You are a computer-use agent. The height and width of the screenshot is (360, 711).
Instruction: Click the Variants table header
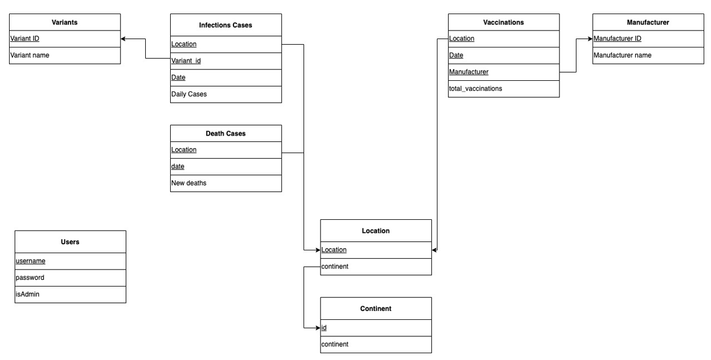click(x=64, y=23)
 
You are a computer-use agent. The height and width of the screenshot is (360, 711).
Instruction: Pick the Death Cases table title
click(x=226, y=133)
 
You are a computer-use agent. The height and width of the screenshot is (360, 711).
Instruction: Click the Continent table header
click(x=376, y=309)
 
